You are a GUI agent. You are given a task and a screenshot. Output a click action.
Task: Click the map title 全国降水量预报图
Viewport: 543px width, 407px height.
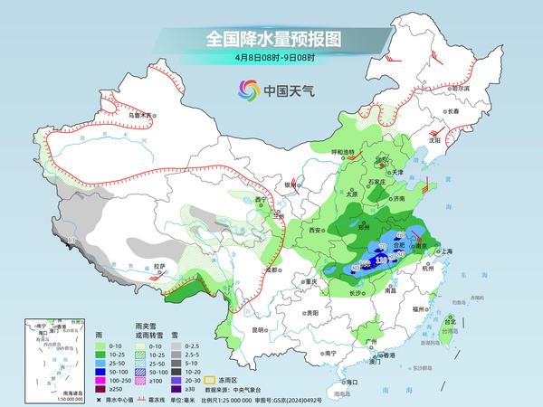point(271,39)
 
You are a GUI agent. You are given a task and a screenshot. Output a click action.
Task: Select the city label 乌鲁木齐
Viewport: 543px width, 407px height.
point(141,116)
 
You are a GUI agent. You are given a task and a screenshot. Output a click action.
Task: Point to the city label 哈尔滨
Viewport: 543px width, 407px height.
point(460,89)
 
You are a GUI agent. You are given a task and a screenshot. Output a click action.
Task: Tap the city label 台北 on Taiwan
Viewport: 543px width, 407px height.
point(450,321)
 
